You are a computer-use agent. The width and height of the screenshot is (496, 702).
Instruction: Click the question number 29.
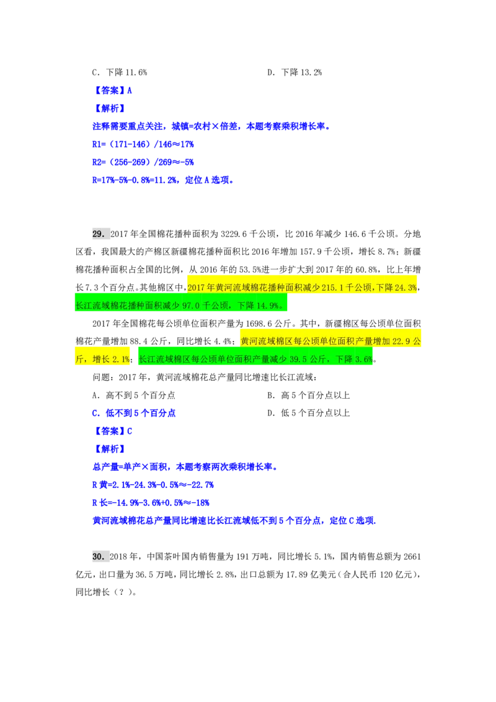tap(97, 234)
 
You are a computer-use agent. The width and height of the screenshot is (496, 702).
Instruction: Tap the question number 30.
tap(97, 556)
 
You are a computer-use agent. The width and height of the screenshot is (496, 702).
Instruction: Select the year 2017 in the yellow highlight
tap(197, 287)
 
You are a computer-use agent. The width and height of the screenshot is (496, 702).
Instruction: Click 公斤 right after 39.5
tap(322, 359)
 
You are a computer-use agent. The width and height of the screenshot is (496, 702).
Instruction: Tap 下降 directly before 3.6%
tap(345, 359)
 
